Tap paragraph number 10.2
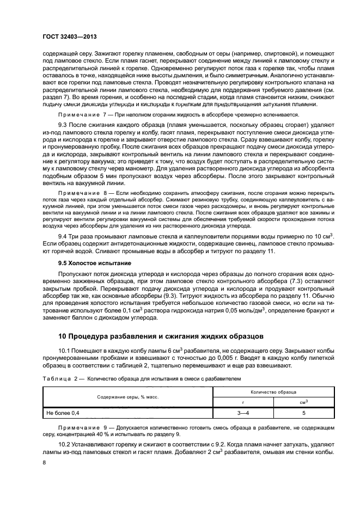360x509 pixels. click(65, 445)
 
